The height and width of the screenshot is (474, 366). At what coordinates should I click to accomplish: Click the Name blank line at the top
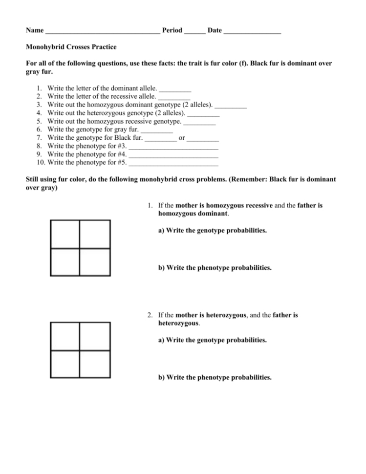102,31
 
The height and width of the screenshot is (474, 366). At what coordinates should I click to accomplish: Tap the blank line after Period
195,31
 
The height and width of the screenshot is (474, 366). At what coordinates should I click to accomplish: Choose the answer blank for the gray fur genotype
157,130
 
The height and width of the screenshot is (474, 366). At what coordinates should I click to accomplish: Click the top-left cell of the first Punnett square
65,235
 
